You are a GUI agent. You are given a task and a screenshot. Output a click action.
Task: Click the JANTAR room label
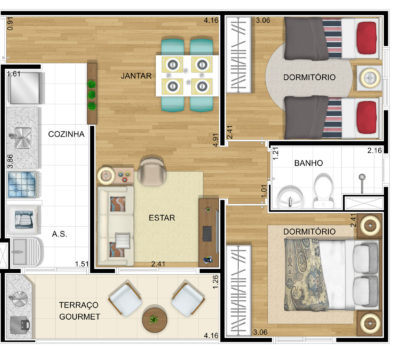tap(135, 75)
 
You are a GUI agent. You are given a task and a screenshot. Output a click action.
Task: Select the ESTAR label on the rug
tap(162, 217)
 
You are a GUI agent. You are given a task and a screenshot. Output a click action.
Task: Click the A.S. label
tap(60, 235)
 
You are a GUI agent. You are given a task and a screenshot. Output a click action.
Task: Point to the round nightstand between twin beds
tap(367, 75)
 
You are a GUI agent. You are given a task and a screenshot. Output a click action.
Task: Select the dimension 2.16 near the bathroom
tap(374, 151)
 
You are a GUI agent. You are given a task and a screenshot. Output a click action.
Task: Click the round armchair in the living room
tap(153, 170)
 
